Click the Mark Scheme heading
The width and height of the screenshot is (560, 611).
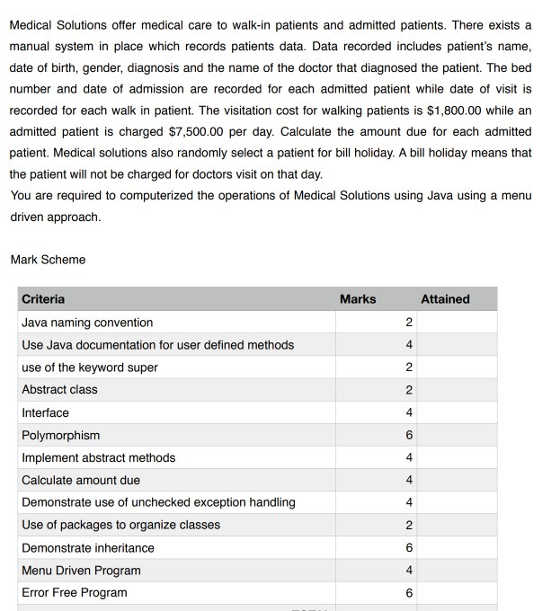click(48, 260)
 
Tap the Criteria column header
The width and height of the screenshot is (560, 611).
click(43, 299)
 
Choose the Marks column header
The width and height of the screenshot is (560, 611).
click(358, 299)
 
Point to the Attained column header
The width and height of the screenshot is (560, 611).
click(445, 299)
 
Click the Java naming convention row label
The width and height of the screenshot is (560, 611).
click(87, 323)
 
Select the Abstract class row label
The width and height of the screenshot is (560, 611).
click(59, 390)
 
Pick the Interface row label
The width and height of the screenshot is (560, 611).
click(45, 412)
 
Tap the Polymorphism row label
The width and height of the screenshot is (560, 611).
click(60, 435)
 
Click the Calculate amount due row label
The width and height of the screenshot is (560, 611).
click(81, 480)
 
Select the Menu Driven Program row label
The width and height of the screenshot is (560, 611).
click(81, 571)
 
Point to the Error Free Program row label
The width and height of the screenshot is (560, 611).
click(75, 593)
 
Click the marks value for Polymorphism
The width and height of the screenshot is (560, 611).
click(409, 435)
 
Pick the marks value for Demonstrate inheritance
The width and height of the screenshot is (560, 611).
click(409, 548)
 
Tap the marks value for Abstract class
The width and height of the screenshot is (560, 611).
click(409, 390)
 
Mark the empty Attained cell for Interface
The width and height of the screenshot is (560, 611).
click(457, 412)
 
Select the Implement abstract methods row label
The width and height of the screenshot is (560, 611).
click(99, 457)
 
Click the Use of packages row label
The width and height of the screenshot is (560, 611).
click(120, 525)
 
